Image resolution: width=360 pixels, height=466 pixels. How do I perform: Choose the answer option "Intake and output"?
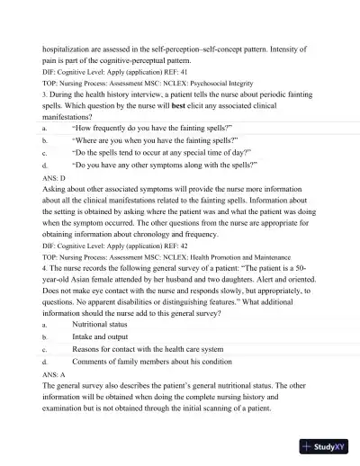[x=106, y=336]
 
